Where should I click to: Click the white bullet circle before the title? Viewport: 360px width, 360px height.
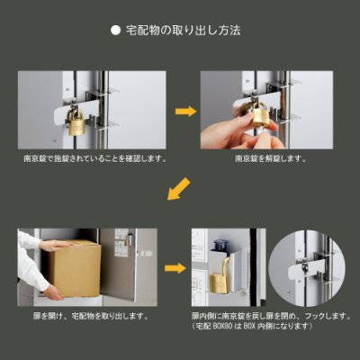(x=114, y=30)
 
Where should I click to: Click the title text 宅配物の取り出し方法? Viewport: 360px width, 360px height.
(x=185, y=30)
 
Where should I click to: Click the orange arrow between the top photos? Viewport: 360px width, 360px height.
(x=186, y=111)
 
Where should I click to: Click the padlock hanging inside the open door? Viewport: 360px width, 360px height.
(x=219, y=280)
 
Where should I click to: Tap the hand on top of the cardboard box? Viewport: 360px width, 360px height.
(x=56, y=244)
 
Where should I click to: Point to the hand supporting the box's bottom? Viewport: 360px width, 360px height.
(x=55, y=292)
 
